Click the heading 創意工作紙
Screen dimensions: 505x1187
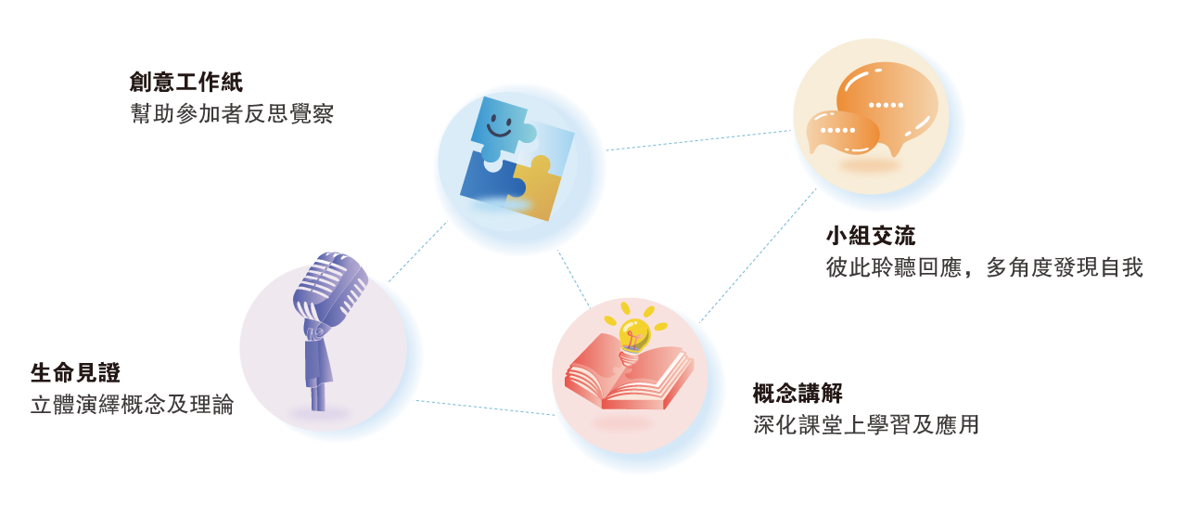click(185, 83)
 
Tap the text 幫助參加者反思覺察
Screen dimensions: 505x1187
click(231, 114)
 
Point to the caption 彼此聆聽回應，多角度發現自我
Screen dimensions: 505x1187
click(984, 268)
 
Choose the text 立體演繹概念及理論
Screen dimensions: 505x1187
click(132, 406)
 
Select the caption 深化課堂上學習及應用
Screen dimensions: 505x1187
click(865, 425)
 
